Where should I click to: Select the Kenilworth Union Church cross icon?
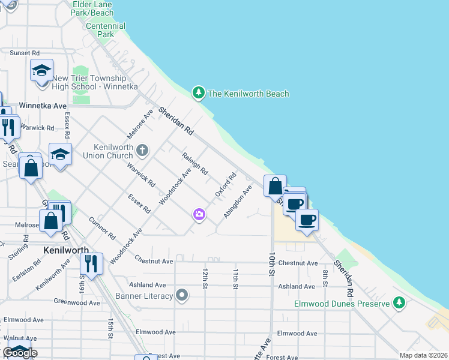(142, 149)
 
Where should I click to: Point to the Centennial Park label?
(106, 30)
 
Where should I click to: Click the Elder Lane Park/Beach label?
(92, 8)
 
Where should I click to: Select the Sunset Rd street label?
(25, 53)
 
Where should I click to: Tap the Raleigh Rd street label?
(195, 163)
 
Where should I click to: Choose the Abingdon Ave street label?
(238, 205)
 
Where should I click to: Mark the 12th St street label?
(205, 278)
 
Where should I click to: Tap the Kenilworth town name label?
(66, 250)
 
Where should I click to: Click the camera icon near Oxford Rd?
(199, 214)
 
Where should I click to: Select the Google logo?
(20, 353)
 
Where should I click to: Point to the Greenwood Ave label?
(77, 302)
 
